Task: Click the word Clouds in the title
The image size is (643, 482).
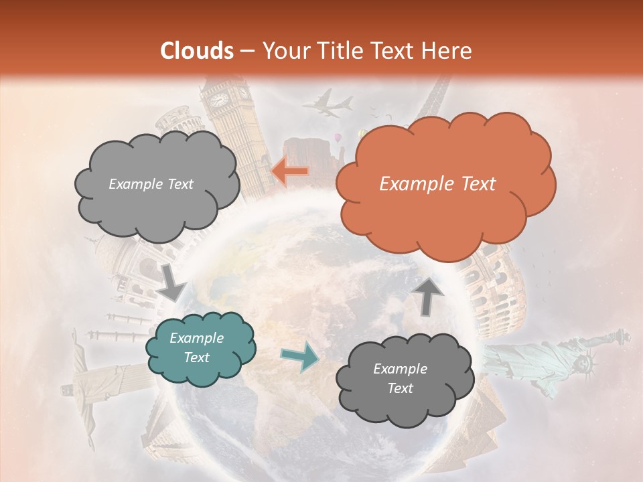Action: point(197,51)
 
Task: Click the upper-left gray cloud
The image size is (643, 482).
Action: point(156,184)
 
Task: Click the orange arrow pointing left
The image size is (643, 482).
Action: point(290,171)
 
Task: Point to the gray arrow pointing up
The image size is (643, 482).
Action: point(429,295)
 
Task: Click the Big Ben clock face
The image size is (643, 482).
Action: point(220,100)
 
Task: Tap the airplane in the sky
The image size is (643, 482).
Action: point(328,104)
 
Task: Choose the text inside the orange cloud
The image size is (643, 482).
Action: point(437,184)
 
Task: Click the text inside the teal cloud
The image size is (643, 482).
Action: point(197,347)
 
